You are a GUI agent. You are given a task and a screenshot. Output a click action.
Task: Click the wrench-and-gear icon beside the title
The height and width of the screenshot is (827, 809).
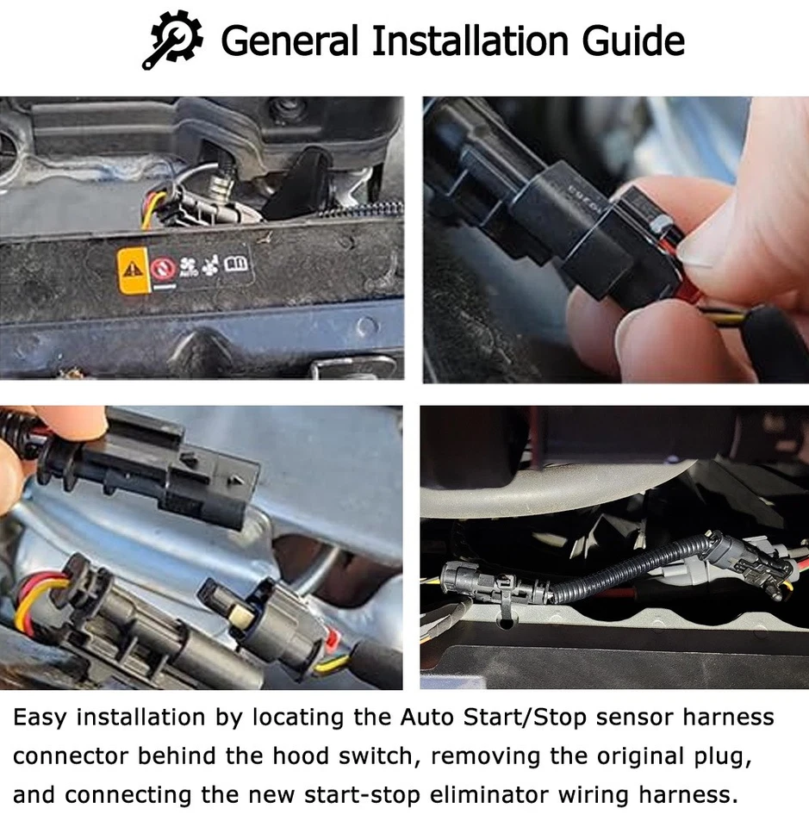point(172,40)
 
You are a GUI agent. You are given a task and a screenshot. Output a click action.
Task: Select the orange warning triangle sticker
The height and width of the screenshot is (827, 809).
point(132,269)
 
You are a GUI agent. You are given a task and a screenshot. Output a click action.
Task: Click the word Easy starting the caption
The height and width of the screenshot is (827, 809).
point(45,717)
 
